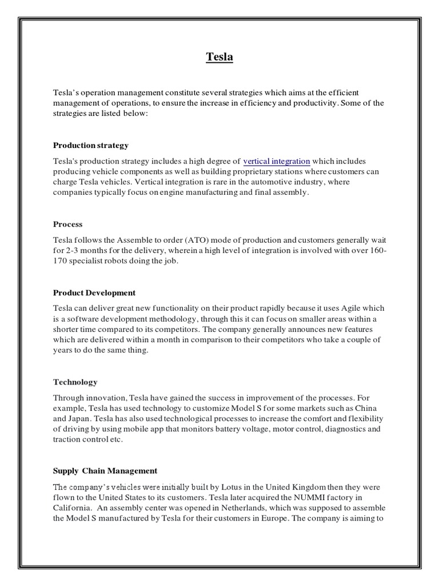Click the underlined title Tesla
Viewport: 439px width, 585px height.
click(219, 57)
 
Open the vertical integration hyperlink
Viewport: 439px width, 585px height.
click(277, 162)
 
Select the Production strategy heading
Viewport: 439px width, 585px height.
click(91, 145)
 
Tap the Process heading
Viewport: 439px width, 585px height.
click(68, 224)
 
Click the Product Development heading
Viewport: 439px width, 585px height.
click(94, 292)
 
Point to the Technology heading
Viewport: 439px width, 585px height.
click(75, 382)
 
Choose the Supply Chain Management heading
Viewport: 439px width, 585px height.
click(105, 471)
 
